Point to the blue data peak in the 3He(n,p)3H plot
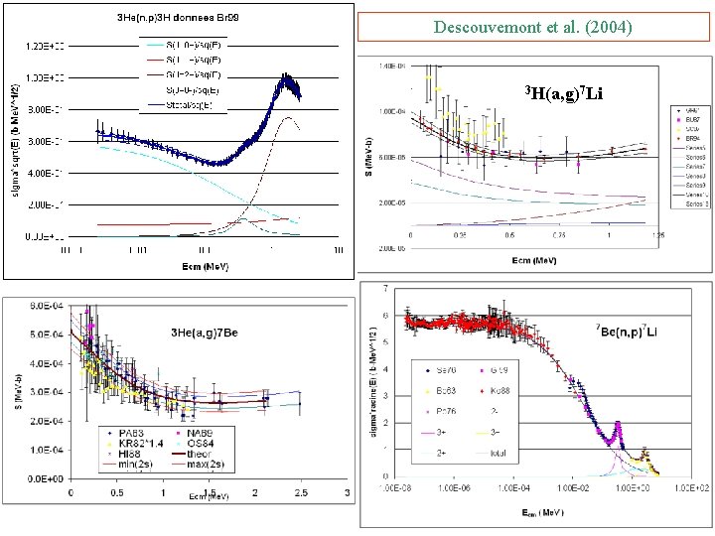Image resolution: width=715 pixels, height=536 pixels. (289, 79)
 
